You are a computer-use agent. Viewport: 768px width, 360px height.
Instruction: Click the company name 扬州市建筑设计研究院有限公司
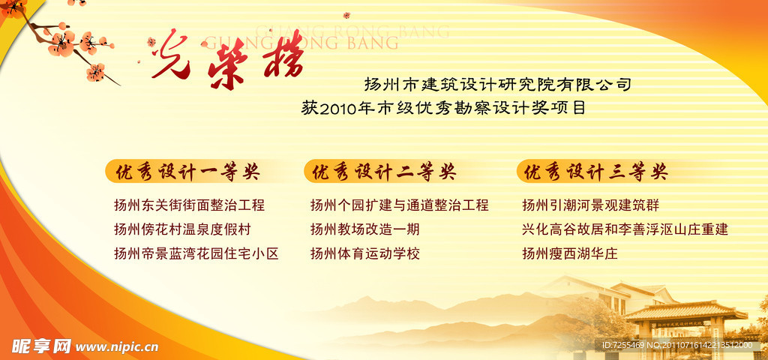coord(497,84)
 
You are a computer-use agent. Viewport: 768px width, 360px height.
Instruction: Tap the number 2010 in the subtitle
coord(338,109)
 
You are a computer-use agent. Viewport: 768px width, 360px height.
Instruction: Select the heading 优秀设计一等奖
coord(187,172)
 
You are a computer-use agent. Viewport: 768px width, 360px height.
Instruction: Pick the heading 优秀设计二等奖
coord(383,172)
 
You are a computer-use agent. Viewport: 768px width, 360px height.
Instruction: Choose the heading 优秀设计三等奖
coord(595,172)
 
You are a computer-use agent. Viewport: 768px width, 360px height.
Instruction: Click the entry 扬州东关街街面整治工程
coord(189,205)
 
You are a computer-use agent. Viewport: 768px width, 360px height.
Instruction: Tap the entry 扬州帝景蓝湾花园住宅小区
coord(196,253)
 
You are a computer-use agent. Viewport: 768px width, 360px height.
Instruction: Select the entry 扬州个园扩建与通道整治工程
coord(399,205)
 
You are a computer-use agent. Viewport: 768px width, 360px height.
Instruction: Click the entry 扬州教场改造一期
coord(364,229)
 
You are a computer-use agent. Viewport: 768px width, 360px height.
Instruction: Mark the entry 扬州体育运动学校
coord(364,253)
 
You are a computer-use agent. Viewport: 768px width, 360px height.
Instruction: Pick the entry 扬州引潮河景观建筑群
coord(590,205)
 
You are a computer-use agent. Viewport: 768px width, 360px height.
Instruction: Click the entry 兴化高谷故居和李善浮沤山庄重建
coord(625,229)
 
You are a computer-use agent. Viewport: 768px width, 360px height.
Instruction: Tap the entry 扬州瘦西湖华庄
coord(569,253)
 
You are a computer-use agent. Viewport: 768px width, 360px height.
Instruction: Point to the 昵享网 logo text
coord(41,346)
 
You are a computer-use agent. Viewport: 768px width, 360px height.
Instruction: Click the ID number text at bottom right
coord(676,345)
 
